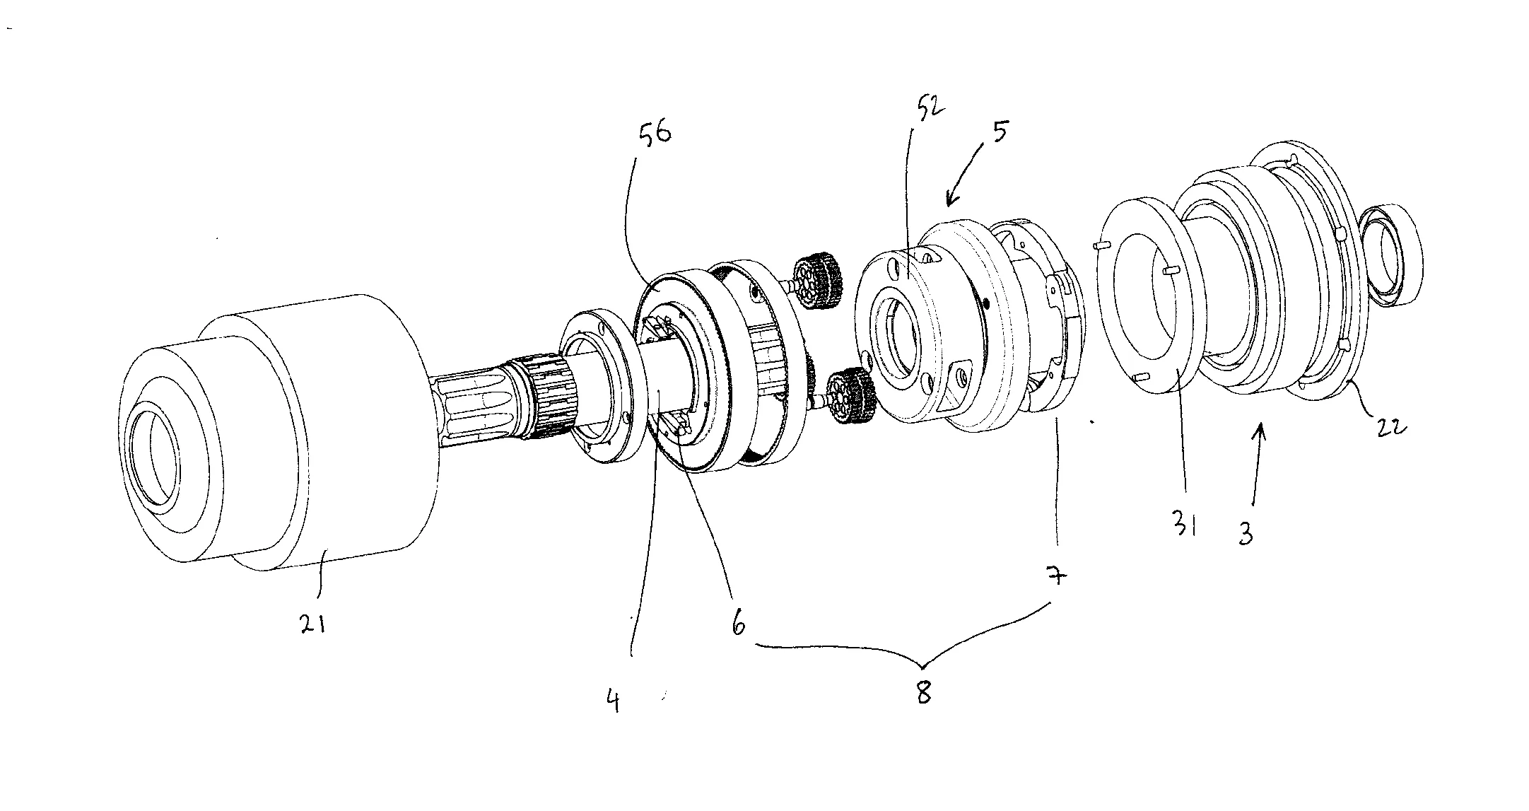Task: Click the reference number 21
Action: click(x=312, y=623)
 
